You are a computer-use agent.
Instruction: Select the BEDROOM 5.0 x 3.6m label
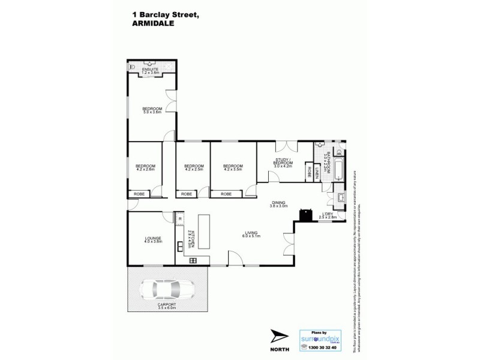click(152, 109)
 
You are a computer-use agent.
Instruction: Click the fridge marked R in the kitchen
click(179, 219)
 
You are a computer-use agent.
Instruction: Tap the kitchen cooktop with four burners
click(193, 260)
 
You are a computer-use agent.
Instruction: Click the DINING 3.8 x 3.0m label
click(277, 204)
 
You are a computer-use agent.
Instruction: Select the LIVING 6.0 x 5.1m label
click(251, 235)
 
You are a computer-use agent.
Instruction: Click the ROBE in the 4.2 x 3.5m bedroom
click(226, 194)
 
